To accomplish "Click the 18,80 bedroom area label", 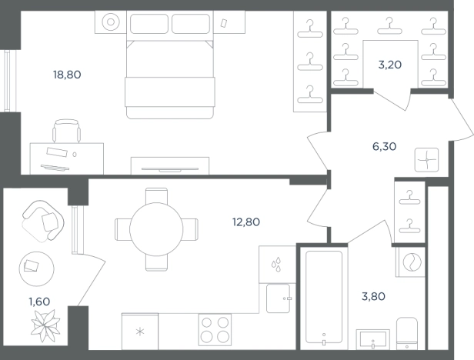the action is tap(67, 75).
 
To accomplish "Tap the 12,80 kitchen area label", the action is tap(246, 222).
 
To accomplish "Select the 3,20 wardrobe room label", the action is tap(390, 65).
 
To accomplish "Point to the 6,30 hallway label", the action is tap(385, 147).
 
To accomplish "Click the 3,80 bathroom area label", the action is tap(374, 296).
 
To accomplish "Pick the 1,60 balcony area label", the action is tap(39, 302).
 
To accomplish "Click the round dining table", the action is tap(156, 229).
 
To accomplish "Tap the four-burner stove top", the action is tap(215, 330).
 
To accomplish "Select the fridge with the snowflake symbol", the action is tap(140, 332).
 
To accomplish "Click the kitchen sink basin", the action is tap(279, 298).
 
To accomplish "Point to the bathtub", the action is tap(324, 298).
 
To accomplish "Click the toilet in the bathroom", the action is tap(407, 334).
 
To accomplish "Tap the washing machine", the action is tap(412, 262).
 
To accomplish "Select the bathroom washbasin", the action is tap(372, 339).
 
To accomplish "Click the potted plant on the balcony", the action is tap(45, 326).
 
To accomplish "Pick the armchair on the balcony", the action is tap(43, 221).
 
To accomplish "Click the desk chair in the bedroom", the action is tap(66, 131).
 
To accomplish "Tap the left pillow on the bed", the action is tap(149, 24).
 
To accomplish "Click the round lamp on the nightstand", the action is tap(111, 22).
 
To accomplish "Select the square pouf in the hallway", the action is tap(426, 159).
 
